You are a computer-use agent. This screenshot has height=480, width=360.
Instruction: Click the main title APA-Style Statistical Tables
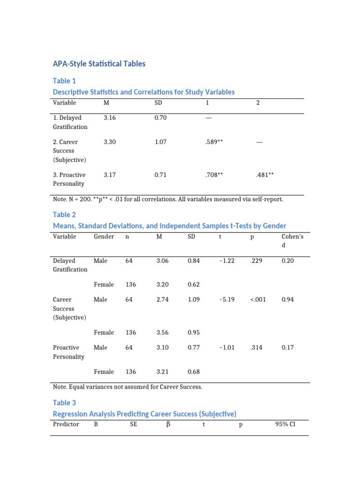click(99, 63)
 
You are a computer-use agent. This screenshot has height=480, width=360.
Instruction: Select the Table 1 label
click(64, 81)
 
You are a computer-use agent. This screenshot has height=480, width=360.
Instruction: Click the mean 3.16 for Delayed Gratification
click(109, 118)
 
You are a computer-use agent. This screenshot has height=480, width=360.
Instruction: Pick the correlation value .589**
click(214, 142)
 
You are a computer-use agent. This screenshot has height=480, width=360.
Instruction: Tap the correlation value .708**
click(214, 174)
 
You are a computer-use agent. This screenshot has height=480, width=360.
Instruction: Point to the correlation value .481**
click(265, 174)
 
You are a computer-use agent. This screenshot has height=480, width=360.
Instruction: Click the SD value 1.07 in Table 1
click(161, 142)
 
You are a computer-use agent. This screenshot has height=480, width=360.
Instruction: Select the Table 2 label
click(64, 215)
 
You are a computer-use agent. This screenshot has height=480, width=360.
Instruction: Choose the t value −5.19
click(226, 300)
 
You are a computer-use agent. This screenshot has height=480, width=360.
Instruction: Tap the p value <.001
click(258, 300)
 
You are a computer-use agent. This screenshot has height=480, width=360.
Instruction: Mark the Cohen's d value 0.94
click(287, 300)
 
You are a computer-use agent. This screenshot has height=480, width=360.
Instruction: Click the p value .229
click(256, 260)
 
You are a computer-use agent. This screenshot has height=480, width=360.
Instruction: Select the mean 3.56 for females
click(163, 332)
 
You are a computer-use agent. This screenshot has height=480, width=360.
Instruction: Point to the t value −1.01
click(226, 347)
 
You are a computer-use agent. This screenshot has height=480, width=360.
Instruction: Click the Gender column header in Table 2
click(104, 236)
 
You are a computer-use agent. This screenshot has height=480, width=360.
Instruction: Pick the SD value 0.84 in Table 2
click(194, 260)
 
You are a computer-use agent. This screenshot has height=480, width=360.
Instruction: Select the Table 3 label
click(64, 403)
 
